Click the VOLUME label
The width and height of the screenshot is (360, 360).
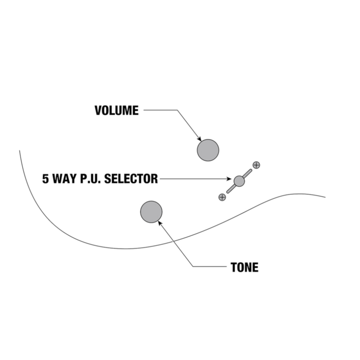(x=116, y=110)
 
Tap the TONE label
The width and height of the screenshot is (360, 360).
(x=244, y=268)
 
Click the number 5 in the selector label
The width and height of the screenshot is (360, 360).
(x=45, y=179)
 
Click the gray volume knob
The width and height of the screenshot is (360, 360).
(x=208, y=150)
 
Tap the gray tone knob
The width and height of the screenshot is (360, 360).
(x=151, y=212)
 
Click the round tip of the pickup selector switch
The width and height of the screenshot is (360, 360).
(x=239, y=181)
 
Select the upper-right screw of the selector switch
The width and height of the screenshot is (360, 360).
(x=256, y=165)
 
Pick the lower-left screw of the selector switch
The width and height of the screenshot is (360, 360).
(x=222, y=197)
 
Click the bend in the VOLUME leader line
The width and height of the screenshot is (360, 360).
(x=177, y=110)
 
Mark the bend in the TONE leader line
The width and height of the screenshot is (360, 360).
(x=193, y=267)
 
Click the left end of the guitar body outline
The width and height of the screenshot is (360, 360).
(x=20, y=151)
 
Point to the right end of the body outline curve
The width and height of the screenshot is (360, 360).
(x=325, y=197)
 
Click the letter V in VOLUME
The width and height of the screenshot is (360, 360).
(x=98, y=110)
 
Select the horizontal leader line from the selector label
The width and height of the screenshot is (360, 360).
(x=194, y=179)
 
